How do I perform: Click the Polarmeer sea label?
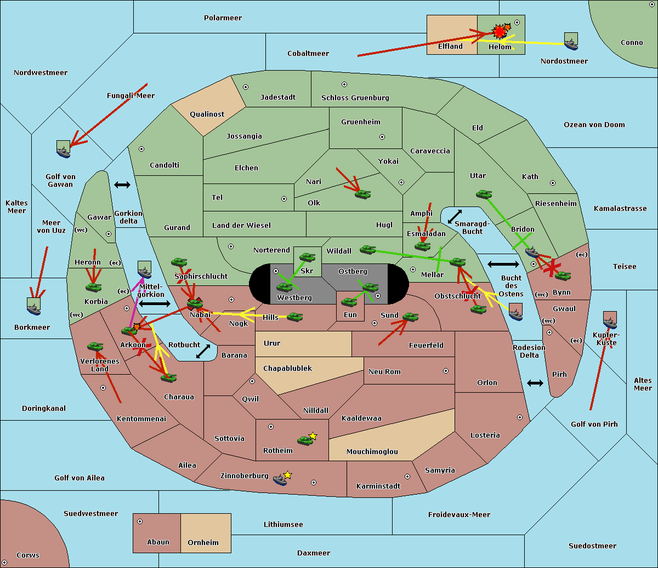tap(223, 18)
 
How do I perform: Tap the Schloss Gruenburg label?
tap(355, 98)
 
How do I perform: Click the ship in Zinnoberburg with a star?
tap(281, 479)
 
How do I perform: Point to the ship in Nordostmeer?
tap(571, 41)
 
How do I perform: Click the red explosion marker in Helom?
tap(499, 32)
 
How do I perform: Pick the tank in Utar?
tap(484, 194)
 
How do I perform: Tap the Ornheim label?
tap(203, 542)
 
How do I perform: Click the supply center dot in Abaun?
tap(140, 521)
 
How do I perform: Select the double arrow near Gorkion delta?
tap(122, 185)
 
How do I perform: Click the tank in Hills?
tap(295, 317)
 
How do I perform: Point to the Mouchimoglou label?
tap(372, 452)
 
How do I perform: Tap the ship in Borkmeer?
tap(33, 306)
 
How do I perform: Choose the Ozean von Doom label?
tap(594, 125)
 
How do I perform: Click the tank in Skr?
tap(307, 256)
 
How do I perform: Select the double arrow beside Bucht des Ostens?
tap(503, 265)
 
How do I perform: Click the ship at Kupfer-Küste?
tap(610, 320)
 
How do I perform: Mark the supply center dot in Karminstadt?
tap(407, 477)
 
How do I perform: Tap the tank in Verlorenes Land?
tap(95, 346)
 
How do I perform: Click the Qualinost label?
tap(207, 114)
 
